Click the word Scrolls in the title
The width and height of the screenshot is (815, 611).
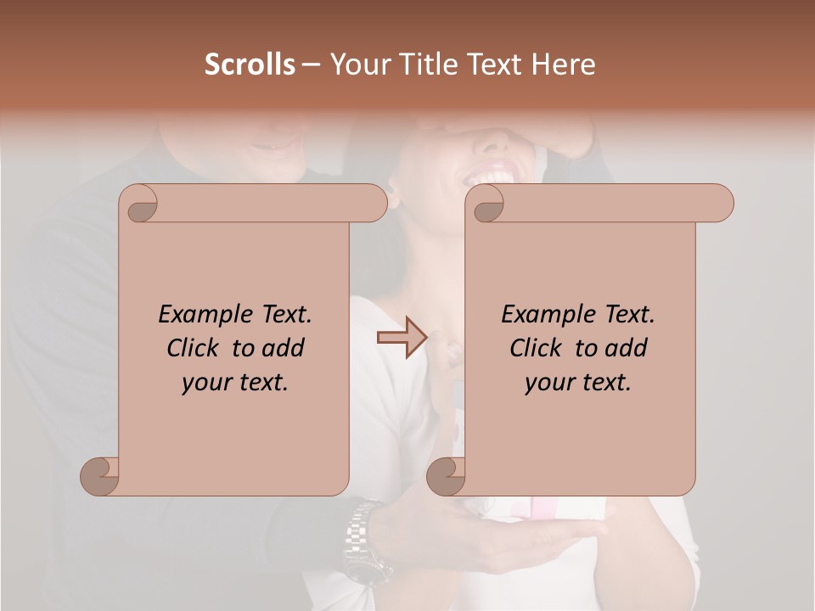pyautogui.click(x=250, y=64)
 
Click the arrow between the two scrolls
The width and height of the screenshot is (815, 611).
pyautogui.click(x=402, y=338)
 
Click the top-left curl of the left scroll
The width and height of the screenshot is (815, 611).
pyautogui.click(x=141, y=205)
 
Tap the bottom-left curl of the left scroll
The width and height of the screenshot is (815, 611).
pyautogui.click(x=100, y=476)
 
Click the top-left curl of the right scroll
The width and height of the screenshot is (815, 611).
pyautogui.click(x=487, y=205)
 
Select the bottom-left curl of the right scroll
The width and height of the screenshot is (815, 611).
pyautogui.click(x=447, y=476)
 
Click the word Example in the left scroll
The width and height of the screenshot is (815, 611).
pyautogui.click(x=204, y=315)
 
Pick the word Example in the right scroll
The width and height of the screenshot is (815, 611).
pyautogui.click(x=547, y=315)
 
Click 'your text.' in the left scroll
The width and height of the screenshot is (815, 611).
pyautogui.click(x=235, y=383)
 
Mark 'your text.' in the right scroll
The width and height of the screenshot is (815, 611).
pyautogui.click(x=578, y=383)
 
